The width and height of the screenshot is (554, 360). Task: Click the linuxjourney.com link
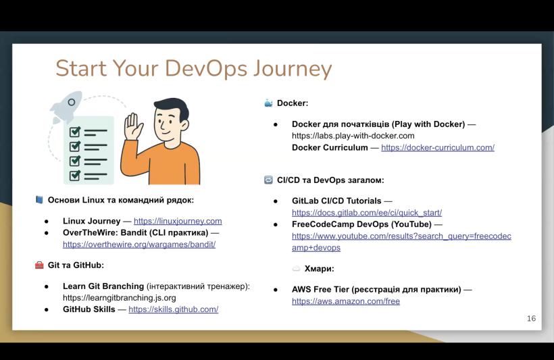click(178, 221)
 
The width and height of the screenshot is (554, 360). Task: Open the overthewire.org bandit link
click(139, 244)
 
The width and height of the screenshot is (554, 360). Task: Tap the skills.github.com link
click(174, 309)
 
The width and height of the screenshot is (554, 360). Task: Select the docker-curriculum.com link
click(438, 148)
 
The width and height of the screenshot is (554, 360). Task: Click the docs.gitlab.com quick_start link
click(367, 213)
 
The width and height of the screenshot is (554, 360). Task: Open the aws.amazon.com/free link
click(346, 301)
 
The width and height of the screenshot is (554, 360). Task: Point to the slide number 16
click(532, 319)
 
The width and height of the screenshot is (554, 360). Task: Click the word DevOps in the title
click(206, 68)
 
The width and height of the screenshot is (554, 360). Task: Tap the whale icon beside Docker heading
click(268, 103)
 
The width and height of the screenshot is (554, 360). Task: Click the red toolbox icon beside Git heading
click(39, 265)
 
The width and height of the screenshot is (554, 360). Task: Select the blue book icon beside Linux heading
click(39, 200)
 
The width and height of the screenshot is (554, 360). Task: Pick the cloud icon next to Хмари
click(296, 269)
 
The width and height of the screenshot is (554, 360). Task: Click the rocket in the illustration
click(66, 106)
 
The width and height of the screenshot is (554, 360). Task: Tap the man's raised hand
click(133, 126)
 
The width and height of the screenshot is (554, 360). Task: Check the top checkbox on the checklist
click(75, 132)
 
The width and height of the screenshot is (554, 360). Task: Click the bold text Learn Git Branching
click(103, 286)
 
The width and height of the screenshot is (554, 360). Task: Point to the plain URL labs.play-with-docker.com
click(353, 136)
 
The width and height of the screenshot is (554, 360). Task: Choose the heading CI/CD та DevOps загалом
click(330, 180)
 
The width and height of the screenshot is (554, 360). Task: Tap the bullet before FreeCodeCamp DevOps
click(276, 225)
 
